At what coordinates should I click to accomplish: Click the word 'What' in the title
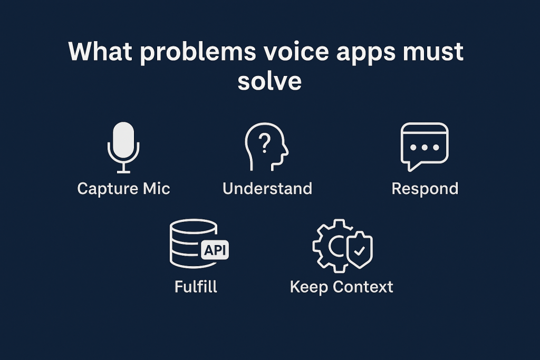tap(100, 51)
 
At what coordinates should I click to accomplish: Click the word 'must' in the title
tap(433, 52)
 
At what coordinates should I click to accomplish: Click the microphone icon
tap(123, 147)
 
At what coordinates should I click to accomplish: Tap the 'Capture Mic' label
tap(123, 189)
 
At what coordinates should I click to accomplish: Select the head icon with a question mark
tap(266, 147)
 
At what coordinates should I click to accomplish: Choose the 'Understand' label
tap(267, 188)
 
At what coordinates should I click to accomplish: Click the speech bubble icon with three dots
tap(425, 147)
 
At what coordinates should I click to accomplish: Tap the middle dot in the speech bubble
tap(425, 147)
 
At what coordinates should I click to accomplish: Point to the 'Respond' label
tap(425, 189)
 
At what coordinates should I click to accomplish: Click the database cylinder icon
tap(193, 244)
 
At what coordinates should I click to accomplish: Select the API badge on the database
tap(215, 250)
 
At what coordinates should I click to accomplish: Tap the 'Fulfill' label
tap(196, 286)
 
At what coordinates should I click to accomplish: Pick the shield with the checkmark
tap(360, 249)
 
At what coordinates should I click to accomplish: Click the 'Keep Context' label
tap(341, 287)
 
